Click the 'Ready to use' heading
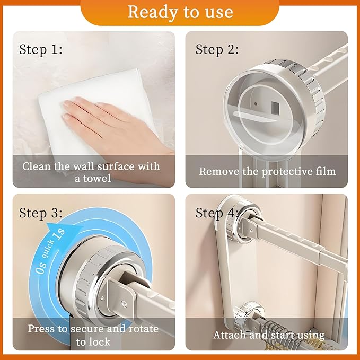pyautogui.click(x=180, y=12)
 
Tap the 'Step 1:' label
pyautogui.click(x=41, y=50)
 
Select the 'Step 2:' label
pyautogui.click(x=217, y=50)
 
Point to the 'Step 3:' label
pyautogui.click(x=41, y=213)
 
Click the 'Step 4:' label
pyautogui.click(x=217, y=213)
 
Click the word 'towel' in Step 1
pyautogui.click(x=97, y=178)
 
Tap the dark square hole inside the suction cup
pyautogui.click(x=275, y=108)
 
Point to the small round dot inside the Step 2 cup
pyautogui.click(x=256, y=104)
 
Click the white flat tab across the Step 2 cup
pyautogui.click(x=255, y=116)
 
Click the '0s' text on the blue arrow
pyautogui.click(x=41, y=268)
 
